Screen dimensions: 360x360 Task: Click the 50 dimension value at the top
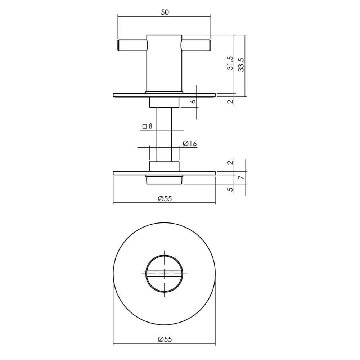(165, 12)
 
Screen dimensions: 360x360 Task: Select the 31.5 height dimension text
(231, 63)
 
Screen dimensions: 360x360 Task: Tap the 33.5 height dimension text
(240, 65)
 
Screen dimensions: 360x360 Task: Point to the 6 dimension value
(193, 102)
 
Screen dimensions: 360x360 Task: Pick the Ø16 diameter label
(189, 144)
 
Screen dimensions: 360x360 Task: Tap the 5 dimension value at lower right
(231, 189)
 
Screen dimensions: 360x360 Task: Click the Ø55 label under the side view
(165, 198)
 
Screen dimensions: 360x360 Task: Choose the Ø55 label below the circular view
(165, 339)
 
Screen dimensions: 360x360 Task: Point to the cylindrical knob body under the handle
(164, 63)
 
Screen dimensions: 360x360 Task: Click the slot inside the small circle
(164, 274)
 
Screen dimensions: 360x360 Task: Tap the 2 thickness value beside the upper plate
(231, 102)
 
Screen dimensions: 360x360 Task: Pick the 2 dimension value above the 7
(231, 163)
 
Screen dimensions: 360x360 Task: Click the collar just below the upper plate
(164, 103)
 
